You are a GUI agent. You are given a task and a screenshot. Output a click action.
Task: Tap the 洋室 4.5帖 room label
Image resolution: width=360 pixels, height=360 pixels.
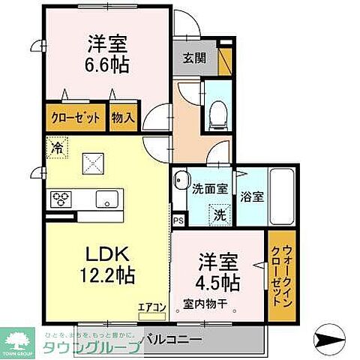(x=219, y=273)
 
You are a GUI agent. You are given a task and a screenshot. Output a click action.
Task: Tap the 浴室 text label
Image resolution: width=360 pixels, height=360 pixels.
(x=252, y=197)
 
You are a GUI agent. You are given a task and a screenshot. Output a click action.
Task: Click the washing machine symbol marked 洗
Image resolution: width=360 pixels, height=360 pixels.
(x=220, y=214)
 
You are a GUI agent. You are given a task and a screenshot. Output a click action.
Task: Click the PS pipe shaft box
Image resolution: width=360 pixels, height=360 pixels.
(x=178, y=221)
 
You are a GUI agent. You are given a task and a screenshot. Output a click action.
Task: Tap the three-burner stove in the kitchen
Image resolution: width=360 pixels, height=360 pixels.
(x=61, y=198)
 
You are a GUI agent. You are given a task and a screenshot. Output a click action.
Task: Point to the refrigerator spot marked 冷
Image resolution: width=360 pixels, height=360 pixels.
(x=55, y=148)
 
